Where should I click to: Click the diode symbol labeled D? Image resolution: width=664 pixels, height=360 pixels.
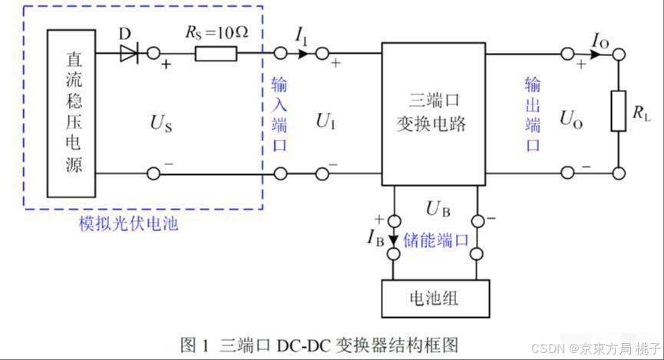(x=128, y=54)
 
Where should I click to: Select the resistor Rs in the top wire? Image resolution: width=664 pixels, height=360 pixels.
(x=216, y=54)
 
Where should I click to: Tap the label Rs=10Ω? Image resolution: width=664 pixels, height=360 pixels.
(x=217, y=33)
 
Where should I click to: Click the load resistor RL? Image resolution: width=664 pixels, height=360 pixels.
(x=618, y=111)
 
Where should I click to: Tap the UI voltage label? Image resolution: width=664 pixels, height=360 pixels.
(x=325, y=120)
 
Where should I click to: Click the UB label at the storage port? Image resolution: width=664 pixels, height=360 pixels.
(x=435, y=209)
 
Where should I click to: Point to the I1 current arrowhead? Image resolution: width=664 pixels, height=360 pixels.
(x=303, y=54)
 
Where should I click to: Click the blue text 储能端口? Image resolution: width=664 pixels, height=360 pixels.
(x=436, y=239)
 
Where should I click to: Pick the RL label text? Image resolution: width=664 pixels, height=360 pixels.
(x=641, y=114)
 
